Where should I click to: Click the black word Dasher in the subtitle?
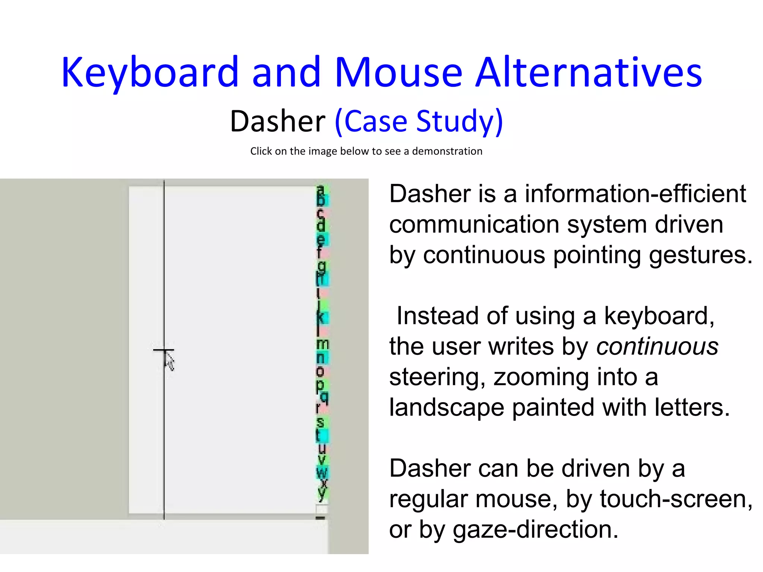point(278,121)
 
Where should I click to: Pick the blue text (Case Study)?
point(419,121)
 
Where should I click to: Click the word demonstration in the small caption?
point(447,151)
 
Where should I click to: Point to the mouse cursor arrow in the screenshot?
point(169,361)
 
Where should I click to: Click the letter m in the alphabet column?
point(323,343)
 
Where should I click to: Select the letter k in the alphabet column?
point(321,317)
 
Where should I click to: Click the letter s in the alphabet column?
point(320,422)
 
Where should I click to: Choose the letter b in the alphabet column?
point(321,200)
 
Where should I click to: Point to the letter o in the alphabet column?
point(320,371)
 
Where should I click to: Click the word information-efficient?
point(635,194)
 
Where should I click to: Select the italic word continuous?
point(657,346)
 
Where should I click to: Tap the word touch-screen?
point(675,499)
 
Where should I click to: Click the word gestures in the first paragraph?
point(700,255)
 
